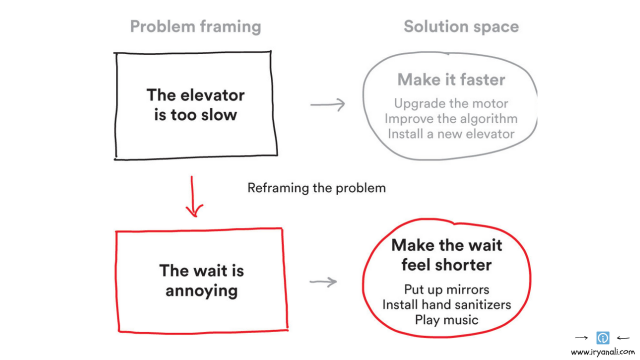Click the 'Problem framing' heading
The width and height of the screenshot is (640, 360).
pyautogui.click(x=195, y=26)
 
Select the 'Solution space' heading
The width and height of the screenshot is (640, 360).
pyautogui.click(x=461, y=26)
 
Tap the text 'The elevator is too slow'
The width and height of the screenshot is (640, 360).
pyautogui.click(x=195, y=104)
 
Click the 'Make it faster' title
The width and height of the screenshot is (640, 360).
pyautogui.click(x=451, y=79)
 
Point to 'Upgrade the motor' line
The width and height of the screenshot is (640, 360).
pyautogui.click(x=451, y=103)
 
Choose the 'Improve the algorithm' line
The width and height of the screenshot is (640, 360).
pyautogui.click(x=451, y=118)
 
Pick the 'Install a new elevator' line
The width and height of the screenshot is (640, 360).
pyautogui.click(x=451, y=134)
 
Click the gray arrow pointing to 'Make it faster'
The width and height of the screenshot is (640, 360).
pyautogui.click(x=328, y=104)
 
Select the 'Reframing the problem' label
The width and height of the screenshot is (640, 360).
pyautogui.click(x=316, y=188)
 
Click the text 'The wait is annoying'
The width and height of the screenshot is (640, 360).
pyautogui.click(x=201, y=280)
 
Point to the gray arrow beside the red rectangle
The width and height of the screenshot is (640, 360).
pyautogui.click(x=323, y=282)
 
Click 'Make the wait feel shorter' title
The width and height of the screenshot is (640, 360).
pyautogui.click(x=446, y=254)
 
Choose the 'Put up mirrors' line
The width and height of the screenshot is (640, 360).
pyautogui.click(x=446, y=289)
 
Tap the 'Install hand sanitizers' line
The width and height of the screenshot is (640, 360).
pyautogui.click(x=446, y=304)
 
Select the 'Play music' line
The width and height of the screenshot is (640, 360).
pyautogui.click(x=446, y=319)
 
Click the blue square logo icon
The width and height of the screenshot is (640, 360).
pyautogui.click(x=603, y=338)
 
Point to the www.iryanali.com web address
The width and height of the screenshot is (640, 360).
pyautogui.click(x=602, y=352)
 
